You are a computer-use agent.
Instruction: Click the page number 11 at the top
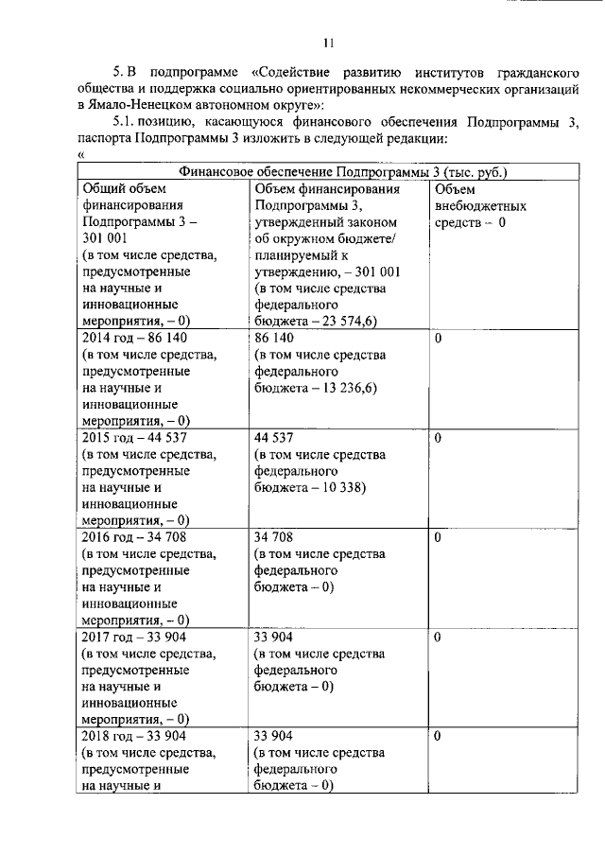pos(329,43)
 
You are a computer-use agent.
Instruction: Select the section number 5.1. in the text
pos(128,122)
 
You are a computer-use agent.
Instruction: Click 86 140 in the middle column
pos(275,339)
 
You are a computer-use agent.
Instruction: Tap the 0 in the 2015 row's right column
pos(439,438)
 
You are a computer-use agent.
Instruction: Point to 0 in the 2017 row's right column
pos(439,637)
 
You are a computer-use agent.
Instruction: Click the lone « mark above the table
pos(81,155)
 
